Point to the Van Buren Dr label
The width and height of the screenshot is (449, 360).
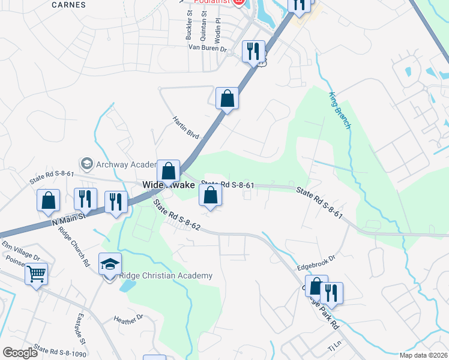tap(207, 47)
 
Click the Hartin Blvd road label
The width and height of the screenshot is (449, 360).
tap(186, 128)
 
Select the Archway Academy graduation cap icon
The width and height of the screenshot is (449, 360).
tap(87, 164)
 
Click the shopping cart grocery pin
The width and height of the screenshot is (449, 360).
tap(36, 274)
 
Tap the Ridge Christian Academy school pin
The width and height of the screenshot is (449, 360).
tap(110, 265)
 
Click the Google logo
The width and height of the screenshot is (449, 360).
tap(20, 353)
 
